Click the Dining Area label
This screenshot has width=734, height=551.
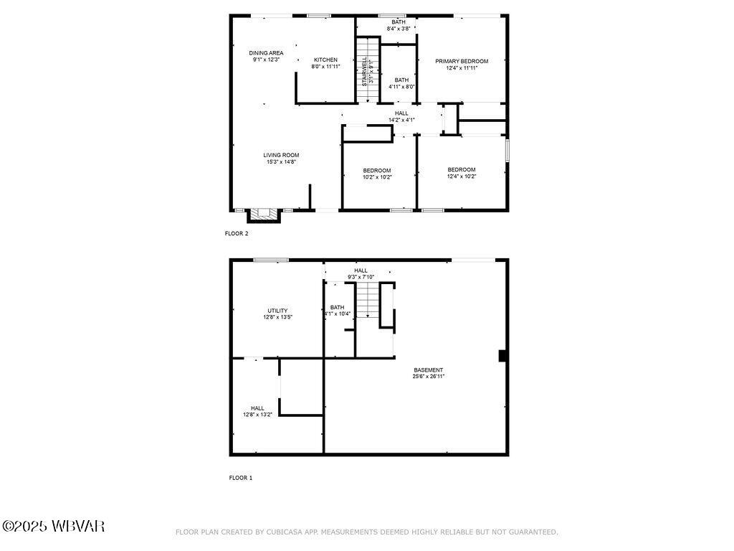[266, 53]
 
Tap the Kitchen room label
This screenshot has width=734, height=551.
[325, 60]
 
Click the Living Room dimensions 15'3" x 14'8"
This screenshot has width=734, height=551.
[281, 162]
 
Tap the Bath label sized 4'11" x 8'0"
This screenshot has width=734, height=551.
[401, 80]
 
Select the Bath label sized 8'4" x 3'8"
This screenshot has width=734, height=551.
[398, 22]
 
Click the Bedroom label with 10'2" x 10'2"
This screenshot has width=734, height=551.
[377, 170]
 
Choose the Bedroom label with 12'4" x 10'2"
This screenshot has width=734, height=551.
[461, 170]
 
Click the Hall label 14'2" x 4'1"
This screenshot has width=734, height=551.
[401, 113]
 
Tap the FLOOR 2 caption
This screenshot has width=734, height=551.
[237, 233]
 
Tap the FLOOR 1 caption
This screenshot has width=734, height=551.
[240, 477]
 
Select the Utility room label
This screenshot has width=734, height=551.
[277, 311]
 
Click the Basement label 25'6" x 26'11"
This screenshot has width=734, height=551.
[428, 370]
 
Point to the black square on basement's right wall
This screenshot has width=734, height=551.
[502, 356]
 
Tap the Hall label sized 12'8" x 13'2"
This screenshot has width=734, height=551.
[257, 408]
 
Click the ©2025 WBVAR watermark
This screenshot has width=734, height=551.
[53, 527]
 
